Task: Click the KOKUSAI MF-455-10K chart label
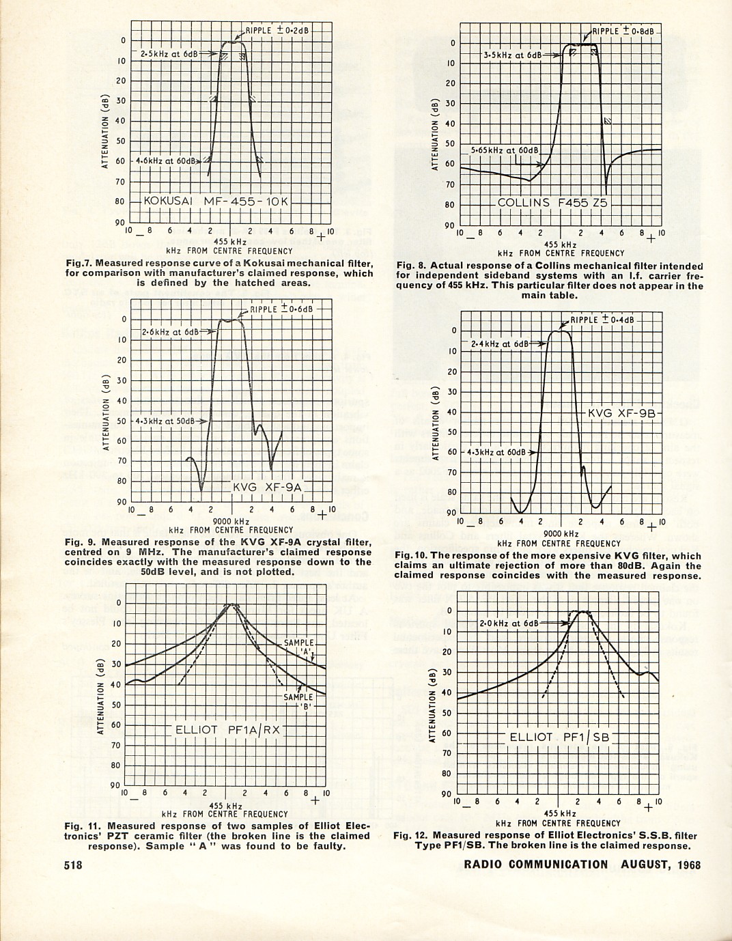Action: tap(216, 201)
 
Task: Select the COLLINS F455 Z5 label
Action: tap(552, 203)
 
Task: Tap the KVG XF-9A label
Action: tap(266, 487)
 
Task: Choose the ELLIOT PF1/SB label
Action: tap(559, 737)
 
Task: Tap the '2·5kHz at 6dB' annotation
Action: tap(169, 53)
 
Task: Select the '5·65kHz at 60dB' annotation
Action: tap(505, 150)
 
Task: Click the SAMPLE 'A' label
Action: tap(299, 647)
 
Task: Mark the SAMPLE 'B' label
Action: tap(298, 701)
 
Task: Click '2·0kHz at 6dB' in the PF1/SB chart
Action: tap(509, 623)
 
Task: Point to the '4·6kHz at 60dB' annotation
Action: tap(165, 161)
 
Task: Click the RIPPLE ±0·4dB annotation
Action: tap(602, 320)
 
